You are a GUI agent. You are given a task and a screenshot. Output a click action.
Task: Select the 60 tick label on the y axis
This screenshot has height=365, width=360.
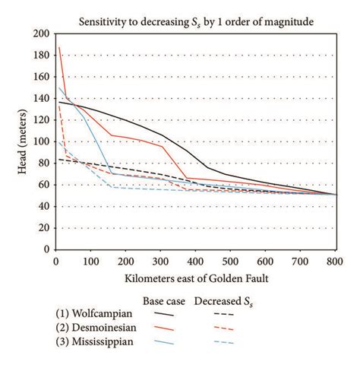42,185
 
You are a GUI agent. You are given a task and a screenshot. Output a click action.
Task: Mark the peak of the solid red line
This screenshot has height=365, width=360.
58,48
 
